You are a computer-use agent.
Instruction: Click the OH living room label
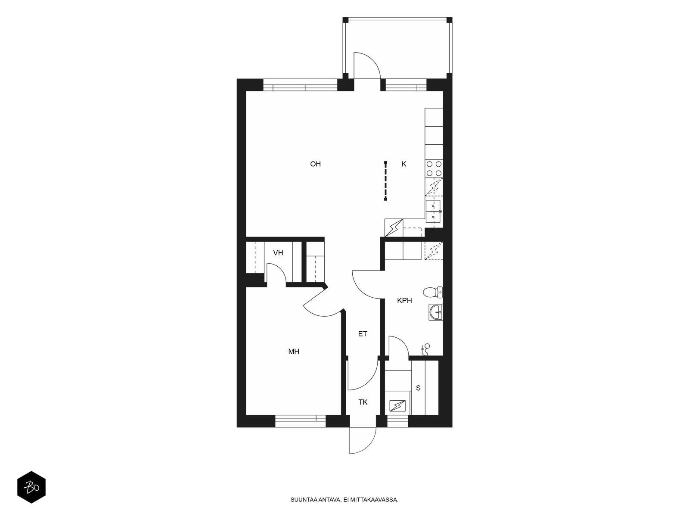point(315,164)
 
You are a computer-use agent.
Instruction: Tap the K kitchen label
point(403,164)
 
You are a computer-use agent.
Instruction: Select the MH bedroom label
point(294,352)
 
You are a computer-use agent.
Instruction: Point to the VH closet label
point(278,253)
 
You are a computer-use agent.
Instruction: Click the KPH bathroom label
point(404,300)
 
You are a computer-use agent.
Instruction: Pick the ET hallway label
point(363,334)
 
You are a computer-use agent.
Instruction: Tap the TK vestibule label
point(363,402)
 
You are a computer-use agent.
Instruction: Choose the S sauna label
point(418,388)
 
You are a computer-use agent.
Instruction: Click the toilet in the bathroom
point(433,292)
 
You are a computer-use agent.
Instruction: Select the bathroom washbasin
point(436,312)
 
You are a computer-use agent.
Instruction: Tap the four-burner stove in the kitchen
point(434,168)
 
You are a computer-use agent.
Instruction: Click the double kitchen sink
point(433,212)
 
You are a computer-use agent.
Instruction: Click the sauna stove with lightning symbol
point(397,406)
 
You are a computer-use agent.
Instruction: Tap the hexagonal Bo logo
point(31,488)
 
